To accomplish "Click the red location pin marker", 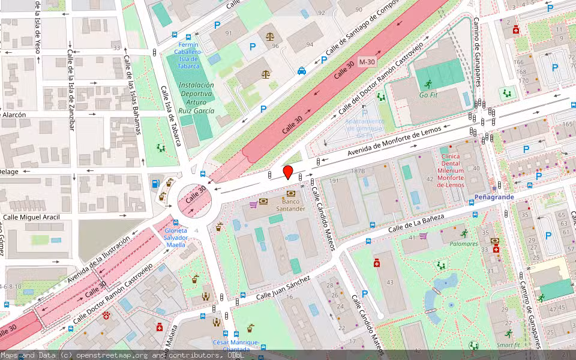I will [x=288, y=172].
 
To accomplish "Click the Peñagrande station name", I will [x=494, y=197].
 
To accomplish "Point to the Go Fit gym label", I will [x=428, y=95].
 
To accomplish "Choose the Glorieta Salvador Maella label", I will [x=175, y=238].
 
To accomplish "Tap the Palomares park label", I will [x=464, y=244].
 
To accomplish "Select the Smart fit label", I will [x=509, y=345].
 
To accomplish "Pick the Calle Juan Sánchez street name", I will [x=283, y=287].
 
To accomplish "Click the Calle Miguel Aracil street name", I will [x=32, y=217].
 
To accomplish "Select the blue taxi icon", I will [x=301, y=71].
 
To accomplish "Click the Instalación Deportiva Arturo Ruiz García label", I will [x=196, y=97].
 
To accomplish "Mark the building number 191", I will [x=334, y=181].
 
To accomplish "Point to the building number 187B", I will [x=358, y=172].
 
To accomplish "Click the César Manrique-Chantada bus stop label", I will [x=236, y=346].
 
